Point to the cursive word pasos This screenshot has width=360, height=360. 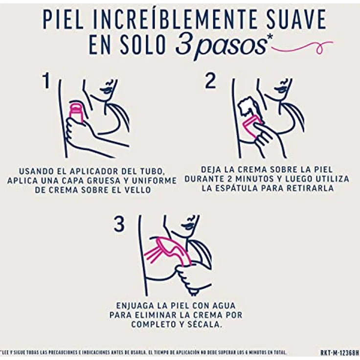click(x=230, y=47)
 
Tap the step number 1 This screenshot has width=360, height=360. click(x=46, y=81)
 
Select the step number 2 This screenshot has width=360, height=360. click(x=210, y=81)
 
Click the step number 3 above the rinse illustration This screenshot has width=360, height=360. click(x=119, y=224)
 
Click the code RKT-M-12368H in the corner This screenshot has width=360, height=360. click(x=340, y=353)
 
